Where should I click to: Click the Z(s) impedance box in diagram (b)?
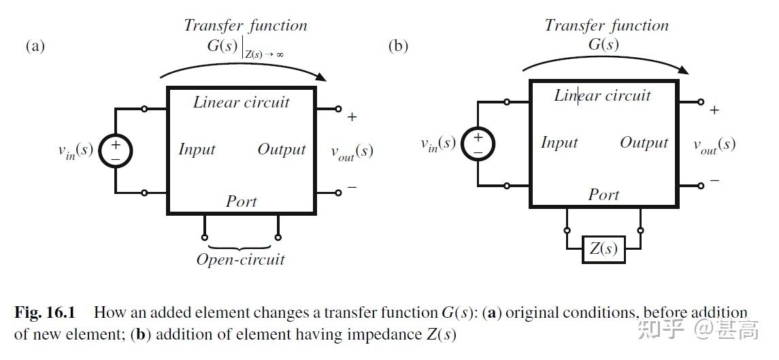pos(603,249)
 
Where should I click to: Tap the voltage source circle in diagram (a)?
pos(115,150)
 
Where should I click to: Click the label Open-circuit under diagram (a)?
pos(240,259)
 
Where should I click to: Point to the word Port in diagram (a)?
pos(242,201)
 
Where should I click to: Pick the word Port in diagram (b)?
pos(603,195)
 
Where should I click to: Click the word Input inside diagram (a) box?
pos(197,150)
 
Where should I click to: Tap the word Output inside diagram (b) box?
pos(644,143)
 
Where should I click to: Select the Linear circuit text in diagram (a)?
pos(242,103)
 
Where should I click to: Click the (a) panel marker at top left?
pos(35,46)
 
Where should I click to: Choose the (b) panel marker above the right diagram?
pos(397,46)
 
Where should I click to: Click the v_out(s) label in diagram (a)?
pos(352,152)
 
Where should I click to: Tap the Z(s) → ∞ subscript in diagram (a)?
pos(264,54)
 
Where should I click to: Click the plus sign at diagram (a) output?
pos(352,117)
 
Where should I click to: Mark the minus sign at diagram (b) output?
pos(714,181)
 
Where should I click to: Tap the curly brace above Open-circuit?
pos(240,246)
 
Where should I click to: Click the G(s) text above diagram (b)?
pos(603,45)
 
